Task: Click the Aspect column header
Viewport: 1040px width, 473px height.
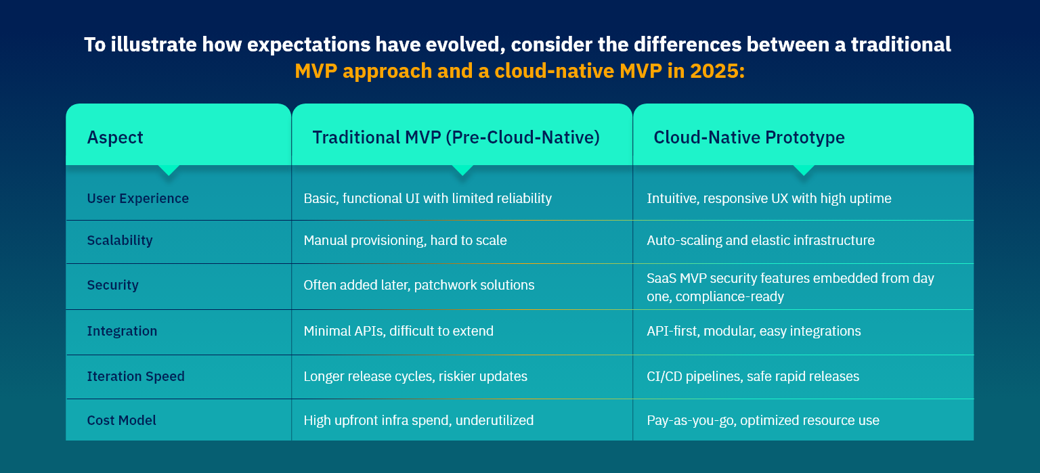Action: [115, 137]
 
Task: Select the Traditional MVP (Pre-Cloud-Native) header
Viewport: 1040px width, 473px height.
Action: [456, 137]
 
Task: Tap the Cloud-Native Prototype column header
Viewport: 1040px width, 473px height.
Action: [749, 137]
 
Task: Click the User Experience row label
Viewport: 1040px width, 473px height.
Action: [138, 198]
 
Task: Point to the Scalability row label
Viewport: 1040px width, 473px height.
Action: [120, 240]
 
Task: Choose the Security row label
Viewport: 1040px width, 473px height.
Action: [113, 285]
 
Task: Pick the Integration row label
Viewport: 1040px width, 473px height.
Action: [122, 331]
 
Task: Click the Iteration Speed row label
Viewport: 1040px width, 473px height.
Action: [136, 376]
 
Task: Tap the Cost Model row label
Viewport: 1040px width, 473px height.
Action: [122, 420]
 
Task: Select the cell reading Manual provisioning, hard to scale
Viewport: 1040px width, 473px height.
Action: [406, 240]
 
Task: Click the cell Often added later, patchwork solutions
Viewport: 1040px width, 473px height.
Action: [419, 285]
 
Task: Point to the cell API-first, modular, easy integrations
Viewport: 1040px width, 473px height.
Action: [754, 331]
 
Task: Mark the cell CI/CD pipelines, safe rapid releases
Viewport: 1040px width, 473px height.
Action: [753, 376]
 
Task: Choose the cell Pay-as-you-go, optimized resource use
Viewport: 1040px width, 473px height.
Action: [763, 420]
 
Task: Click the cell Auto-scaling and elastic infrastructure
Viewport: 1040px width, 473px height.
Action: [760, 240]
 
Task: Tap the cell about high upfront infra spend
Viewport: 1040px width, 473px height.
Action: [418, 420]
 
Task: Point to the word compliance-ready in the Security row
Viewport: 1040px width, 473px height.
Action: [729, 296]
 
